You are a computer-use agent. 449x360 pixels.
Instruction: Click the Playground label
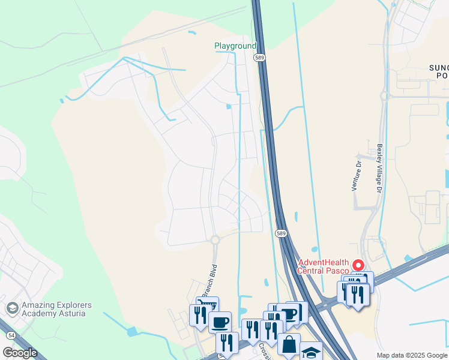[235, 46]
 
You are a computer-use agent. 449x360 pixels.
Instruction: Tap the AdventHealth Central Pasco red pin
[358, 265]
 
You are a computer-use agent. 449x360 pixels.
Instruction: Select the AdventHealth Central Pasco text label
[324, 266]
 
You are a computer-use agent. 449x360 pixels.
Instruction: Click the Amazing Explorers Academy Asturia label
[58, 309]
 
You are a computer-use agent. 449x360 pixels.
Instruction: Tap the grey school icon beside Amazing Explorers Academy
[11, 308]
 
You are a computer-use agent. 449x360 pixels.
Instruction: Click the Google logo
[20, 353]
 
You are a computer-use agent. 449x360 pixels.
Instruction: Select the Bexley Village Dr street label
[379, 168]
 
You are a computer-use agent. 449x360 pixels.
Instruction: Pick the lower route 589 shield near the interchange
[280, 233]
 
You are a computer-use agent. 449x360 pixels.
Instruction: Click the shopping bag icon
[289, 344]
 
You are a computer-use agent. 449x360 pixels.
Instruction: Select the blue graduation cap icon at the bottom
[311, 352]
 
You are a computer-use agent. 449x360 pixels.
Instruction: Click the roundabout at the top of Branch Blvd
[215, 240]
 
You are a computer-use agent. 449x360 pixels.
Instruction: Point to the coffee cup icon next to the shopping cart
[220, 322]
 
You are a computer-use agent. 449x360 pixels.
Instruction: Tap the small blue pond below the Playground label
[228, 107]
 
